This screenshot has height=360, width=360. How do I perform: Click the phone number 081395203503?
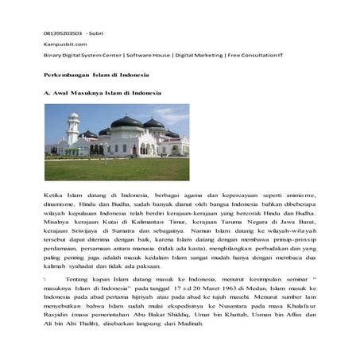[62, 33]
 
